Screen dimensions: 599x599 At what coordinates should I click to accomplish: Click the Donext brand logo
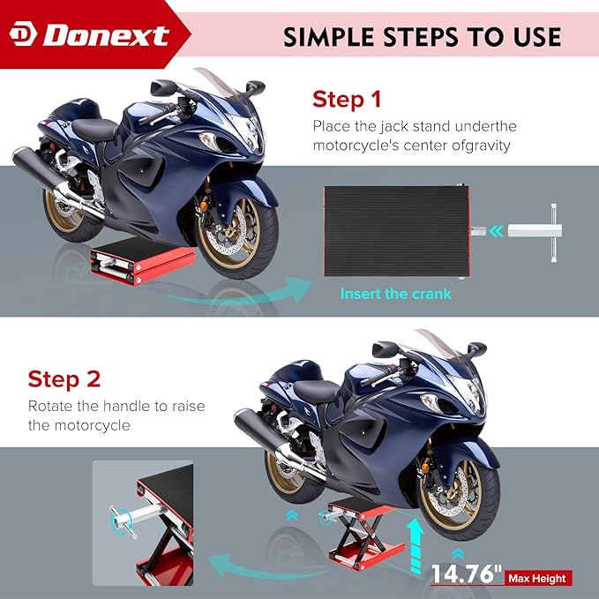point(89,35)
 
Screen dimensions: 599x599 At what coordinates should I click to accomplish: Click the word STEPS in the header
point(419,37)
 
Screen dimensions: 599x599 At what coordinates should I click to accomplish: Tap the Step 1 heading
point(347,100)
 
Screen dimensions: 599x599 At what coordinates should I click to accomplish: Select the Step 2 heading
point(64,379)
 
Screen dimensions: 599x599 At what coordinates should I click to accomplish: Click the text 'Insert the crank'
point(396,294)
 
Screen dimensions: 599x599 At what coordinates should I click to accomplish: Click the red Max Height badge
point(538,578)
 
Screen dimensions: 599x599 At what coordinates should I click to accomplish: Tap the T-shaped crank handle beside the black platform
point(535,232)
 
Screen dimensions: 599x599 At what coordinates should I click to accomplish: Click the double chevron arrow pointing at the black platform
point(496,231)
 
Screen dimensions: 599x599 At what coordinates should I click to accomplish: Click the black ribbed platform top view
point(396,231)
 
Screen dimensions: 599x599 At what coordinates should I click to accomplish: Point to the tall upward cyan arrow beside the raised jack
point(416,546)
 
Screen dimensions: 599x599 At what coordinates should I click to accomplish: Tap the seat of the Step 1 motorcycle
point(94,129)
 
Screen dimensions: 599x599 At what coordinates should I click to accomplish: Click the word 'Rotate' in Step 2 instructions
point(50,406)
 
